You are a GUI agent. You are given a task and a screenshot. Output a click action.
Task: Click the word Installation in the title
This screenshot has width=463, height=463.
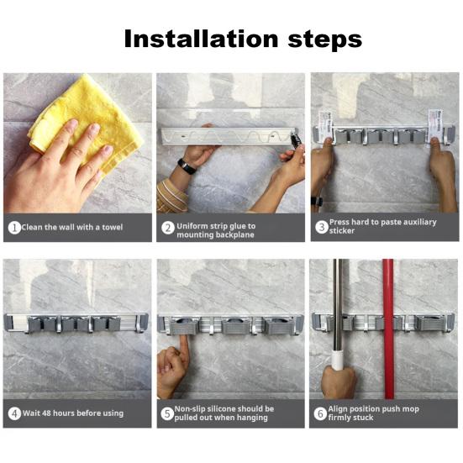201,39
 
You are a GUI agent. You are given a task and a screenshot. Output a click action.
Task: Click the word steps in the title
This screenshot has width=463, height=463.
325,40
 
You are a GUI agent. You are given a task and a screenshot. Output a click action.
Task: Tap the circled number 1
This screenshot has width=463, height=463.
14,228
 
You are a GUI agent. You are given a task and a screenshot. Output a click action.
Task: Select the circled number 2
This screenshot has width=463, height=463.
168,228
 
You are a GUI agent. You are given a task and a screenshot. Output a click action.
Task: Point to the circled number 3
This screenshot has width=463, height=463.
322,227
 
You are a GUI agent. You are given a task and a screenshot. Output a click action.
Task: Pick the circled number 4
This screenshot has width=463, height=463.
14,413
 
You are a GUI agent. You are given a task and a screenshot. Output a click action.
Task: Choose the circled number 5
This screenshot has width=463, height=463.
167,413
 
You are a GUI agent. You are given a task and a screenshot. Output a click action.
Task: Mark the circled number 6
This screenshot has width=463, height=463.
320,413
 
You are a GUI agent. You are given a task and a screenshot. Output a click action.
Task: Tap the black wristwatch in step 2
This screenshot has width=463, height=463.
187,166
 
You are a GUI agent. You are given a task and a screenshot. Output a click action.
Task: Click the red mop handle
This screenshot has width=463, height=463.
388,329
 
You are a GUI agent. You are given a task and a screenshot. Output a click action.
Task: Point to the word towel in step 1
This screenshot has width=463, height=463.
113,227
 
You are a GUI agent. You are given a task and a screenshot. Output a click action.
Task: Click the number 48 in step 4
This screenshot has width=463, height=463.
46,413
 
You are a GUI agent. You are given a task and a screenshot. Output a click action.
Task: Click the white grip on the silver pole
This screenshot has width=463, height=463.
338,360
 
